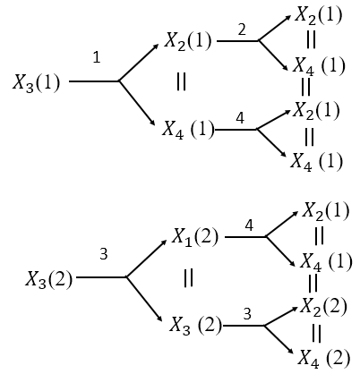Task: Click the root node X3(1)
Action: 37,82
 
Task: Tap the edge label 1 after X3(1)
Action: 97,57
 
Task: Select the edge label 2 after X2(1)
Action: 242,30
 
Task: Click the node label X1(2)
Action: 195,239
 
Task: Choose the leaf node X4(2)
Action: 326,359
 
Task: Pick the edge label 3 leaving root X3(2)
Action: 104,254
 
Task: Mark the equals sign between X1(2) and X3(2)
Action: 189,278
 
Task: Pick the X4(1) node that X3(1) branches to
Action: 189,129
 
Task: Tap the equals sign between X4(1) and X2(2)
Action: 312,284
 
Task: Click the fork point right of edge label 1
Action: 119,81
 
